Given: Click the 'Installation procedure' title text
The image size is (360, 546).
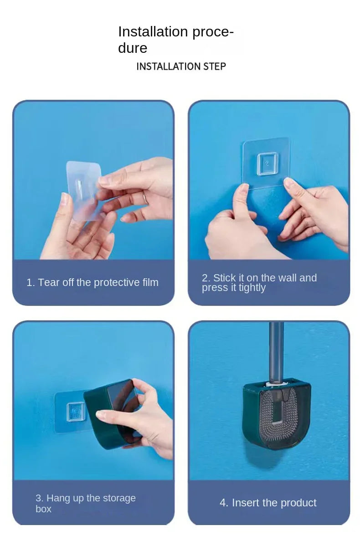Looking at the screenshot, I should pos(175,40).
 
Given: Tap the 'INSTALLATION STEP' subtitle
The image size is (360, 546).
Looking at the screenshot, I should pos(181,66).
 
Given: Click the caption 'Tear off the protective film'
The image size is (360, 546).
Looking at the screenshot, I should pos(93,282).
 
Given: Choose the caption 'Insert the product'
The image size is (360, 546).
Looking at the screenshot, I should pos(268,503).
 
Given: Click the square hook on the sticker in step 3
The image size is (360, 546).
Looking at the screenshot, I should pos(75,412).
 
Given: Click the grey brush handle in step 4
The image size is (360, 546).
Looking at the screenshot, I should pos(276,351).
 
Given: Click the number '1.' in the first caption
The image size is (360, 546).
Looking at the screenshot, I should pos(31,282).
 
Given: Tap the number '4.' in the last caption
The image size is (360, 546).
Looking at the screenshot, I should pos(224,503).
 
